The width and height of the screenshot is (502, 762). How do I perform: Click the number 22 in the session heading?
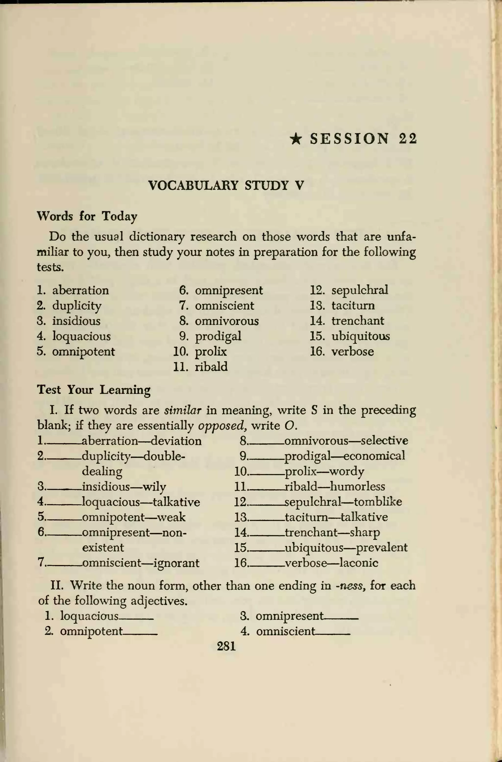click(x=408, y=138)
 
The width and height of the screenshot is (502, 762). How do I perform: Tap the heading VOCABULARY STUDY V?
click(x=226, y=186)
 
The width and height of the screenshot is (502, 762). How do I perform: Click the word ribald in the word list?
click(x=211, y=367)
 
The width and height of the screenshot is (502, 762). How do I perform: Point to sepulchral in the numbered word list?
click(x=360, y=290)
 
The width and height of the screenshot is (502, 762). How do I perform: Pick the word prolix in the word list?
click(x=211, y=351)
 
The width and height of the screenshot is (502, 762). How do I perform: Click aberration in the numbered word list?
click(x=80, y=290)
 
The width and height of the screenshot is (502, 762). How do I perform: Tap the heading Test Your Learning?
click(x=93, y=390)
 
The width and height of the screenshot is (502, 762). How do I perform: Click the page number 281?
click(x=226, y=646)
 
